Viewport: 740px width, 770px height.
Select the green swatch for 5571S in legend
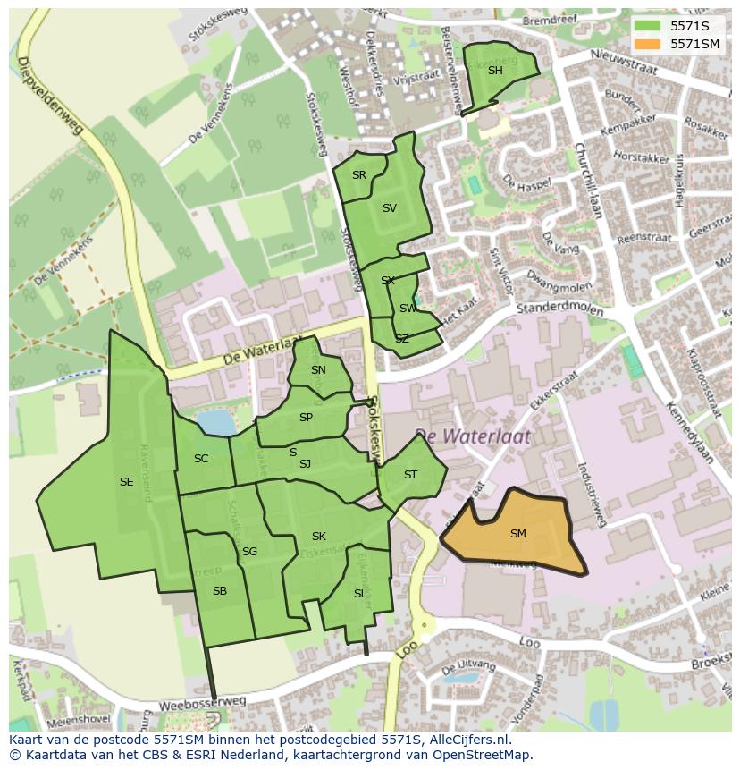coord(648,27)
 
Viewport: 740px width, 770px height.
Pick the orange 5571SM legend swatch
coord(648,44)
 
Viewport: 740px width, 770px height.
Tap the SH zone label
coord(495,71)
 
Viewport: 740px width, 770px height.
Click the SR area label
coord(359,175)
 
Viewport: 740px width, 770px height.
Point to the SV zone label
coord(390,208)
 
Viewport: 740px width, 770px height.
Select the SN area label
coord(318,370)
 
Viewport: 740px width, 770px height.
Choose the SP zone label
coord(307,418)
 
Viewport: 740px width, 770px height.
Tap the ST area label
coord(410,475)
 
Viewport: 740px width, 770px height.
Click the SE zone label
coord(127,482)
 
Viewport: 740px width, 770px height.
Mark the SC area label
coord(201,459)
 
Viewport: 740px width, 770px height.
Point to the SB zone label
coord(220,591)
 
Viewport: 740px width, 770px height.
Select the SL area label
coord(360,594)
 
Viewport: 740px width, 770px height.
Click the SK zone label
coord(319,537)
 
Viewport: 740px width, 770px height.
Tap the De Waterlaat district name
coord(472,436)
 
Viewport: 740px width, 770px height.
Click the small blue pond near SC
coord(214,422)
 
